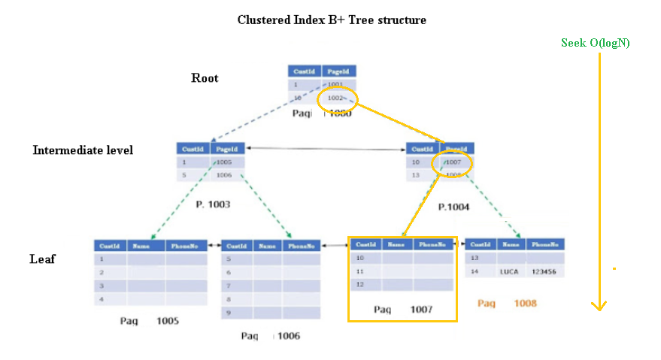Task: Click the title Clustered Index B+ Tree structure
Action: click(x=332, y=20)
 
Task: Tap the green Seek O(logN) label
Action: click(x=596, y=43)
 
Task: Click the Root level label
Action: click(x=205, y=78)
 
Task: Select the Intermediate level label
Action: click(x=83, y=150)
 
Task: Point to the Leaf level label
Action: click(x=42, y=259)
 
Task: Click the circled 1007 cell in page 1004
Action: click(x=455, y=162)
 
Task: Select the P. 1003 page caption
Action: click(x=213, y=204)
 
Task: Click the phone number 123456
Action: click(x=545, y=271)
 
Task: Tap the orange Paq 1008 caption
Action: click(x=507, y=304)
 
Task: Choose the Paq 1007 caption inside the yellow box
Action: click(x=402, y=310)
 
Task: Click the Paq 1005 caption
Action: click(x=149, y=321)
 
